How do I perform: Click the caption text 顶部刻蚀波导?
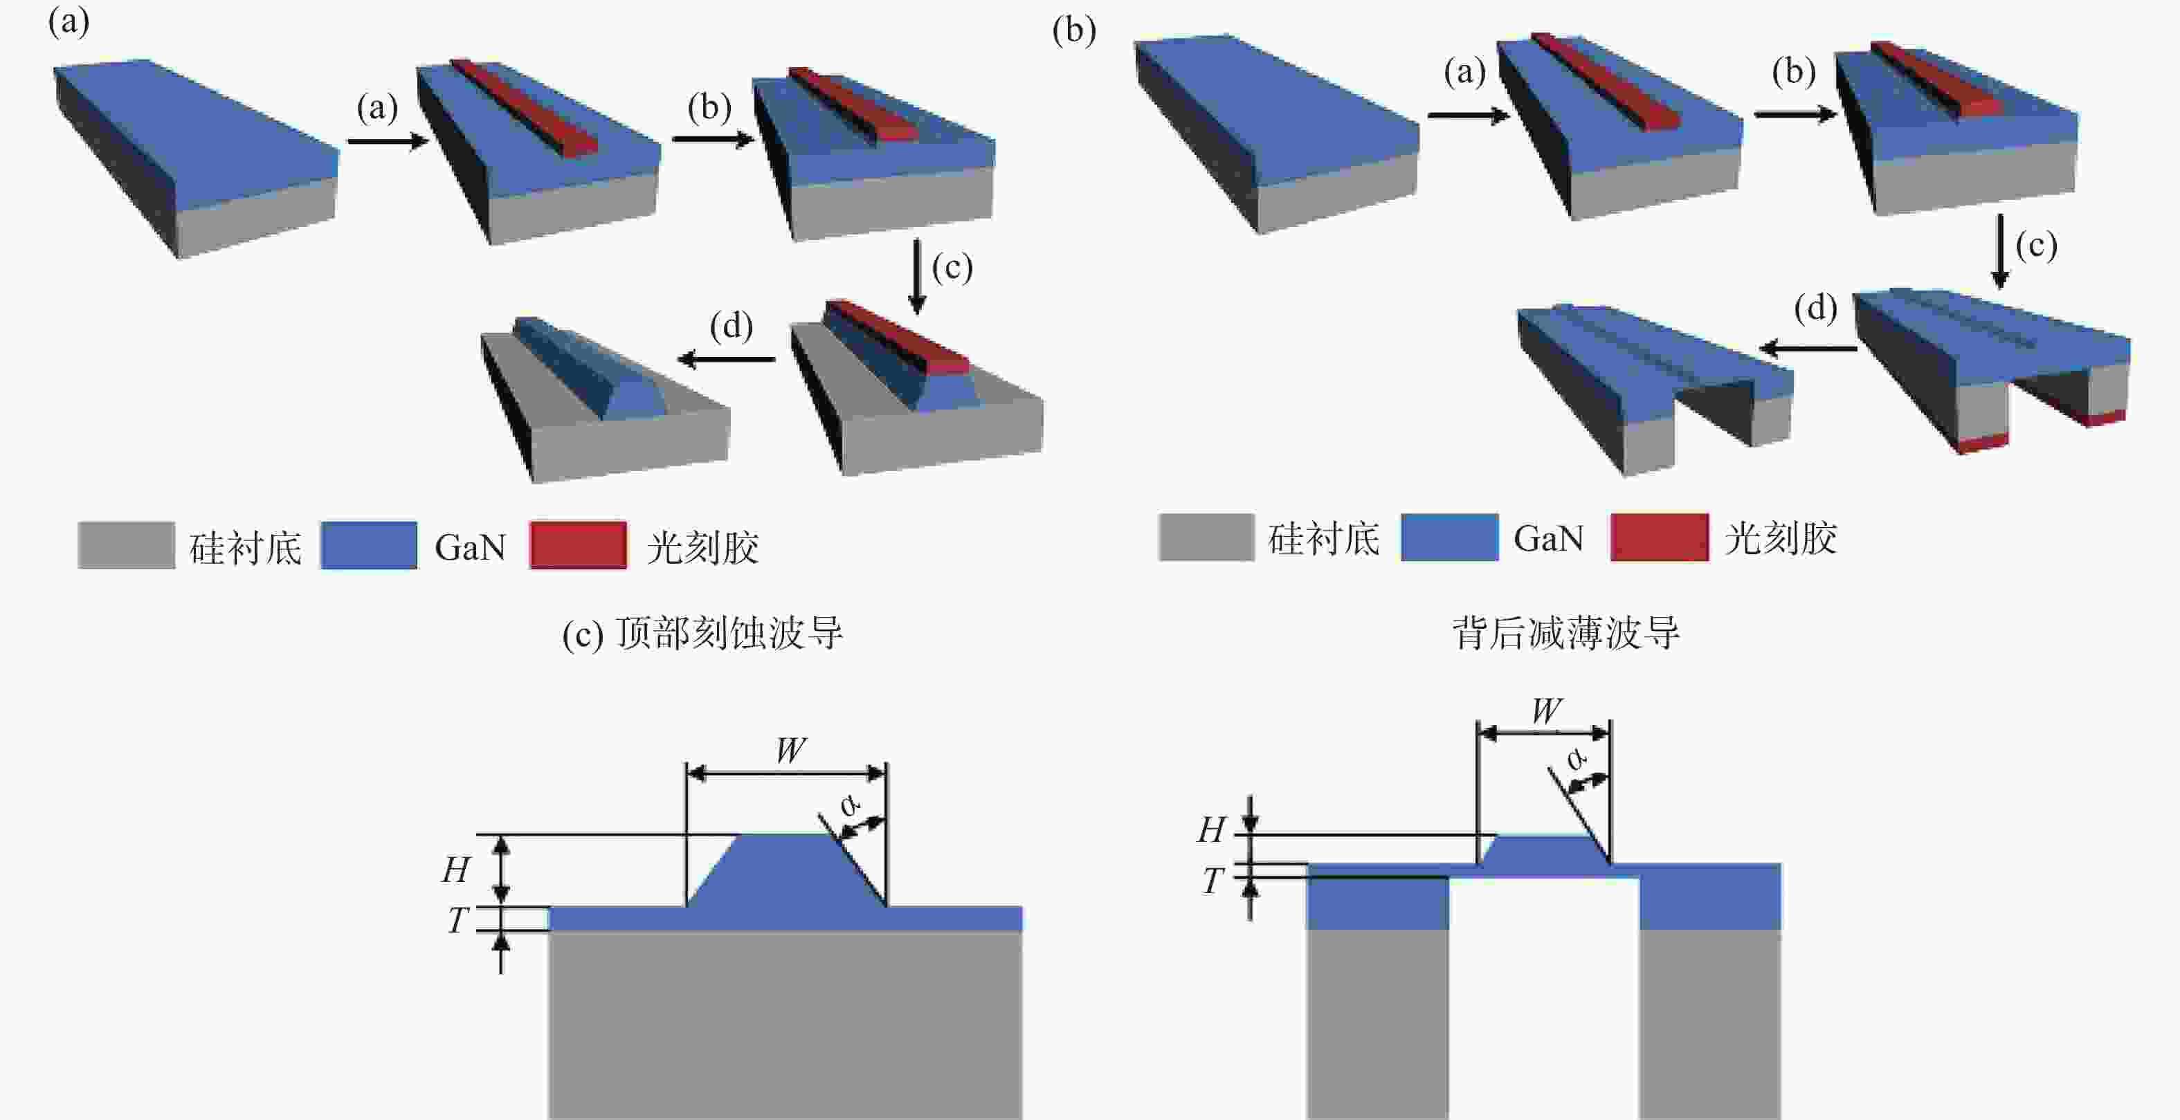729,633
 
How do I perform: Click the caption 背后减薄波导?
1565,633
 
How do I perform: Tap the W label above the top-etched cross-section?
790,749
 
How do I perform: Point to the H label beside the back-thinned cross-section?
1212,830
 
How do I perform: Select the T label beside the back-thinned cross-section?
1212,881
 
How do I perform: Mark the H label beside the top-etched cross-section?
456,870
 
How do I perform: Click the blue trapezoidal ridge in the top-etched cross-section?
787,870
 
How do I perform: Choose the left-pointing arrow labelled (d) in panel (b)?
1808,348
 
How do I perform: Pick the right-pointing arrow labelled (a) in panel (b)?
1469,114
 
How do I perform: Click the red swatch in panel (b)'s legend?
1659,537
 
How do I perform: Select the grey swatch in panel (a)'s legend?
126,544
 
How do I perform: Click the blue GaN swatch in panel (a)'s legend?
368,544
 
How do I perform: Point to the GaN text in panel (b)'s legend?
1548,538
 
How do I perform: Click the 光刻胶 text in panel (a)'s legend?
702,547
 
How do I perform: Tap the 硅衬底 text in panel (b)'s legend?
1323,538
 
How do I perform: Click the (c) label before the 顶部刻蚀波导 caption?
583,634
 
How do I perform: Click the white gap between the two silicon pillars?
1545,998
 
